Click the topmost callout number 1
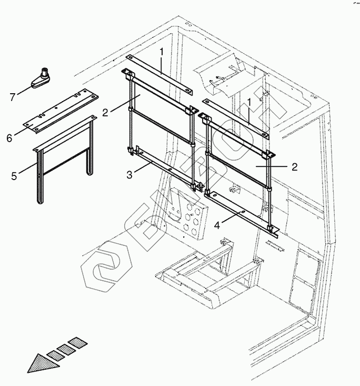[x=162, y=52]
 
